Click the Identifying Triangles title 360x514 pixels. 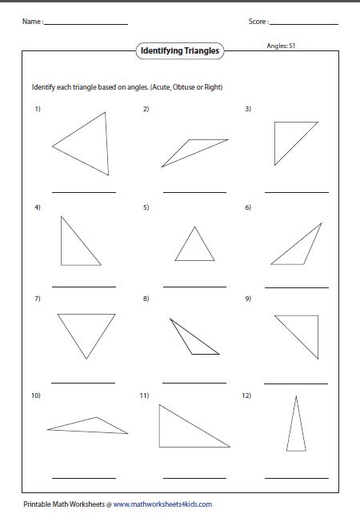click(179, 51)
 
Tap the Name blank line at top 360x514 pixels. click(86, 24)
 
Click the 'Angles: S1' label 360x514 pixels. click(282, 46)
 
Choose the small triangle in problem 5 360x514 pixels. click(194, 247)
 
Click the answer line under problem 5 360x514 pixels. click(194, 287)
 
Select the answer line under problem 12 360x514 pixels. click(296, 478)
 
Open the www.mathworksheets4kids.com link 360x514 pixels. click(162, 504)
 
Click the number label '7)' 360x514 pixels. click(37, 299)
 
